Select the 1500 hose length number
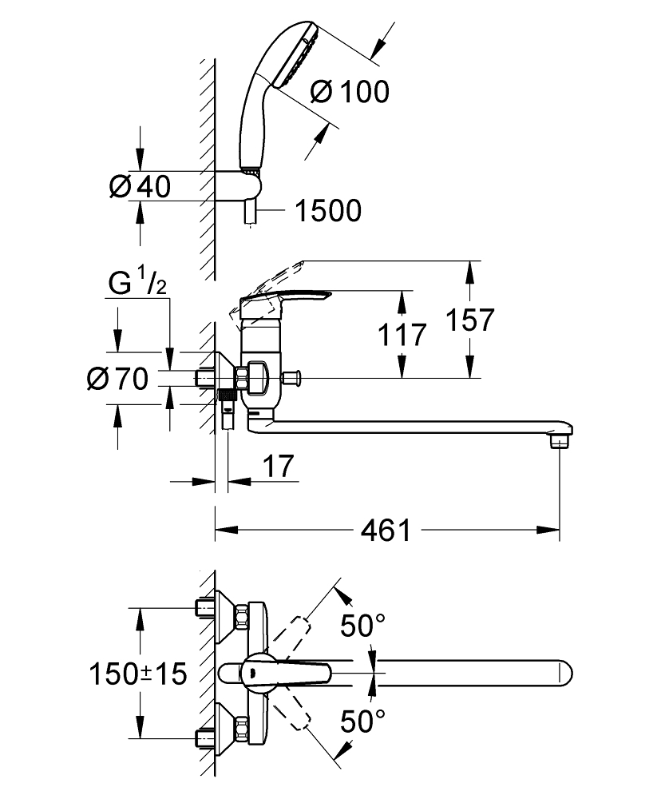(327, 211)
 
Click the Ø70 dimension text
(117, 379)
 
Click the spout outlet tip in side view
(560, 439)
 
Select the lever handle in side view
(287, 301)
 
